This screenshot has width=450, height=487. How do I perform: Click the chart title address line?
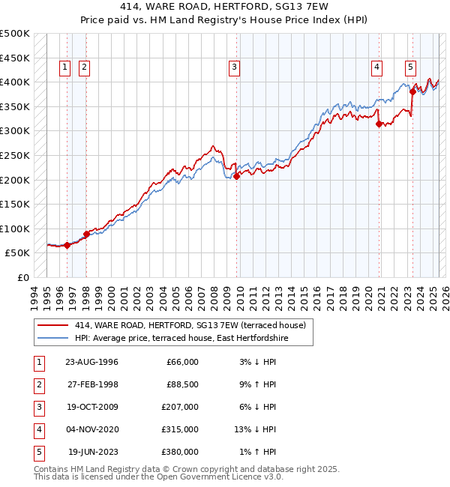coord(225,8)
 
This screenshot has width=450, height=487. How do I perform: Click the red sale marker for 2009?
coord(236,177)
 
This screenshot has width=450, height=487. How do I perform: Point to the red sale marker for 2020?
coord(379,124)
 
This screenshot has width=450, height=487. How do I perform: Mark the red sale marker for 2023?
coord(412,91)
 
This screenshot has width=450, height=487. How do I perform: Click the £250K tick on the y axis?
coord(15,155)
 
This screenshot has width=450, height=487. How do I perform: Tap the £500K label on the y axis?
coord(15,34)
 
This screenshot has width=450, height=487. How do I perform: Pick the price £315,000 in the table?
coord(181,429)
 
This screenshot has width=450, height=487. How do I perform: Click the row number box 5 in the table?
coord(37,452)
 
